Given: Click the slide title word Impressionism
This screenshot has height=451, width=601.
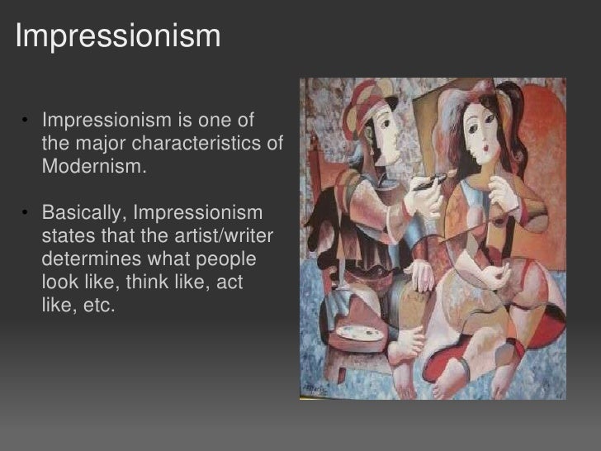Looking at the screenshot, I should (x=118, y=36).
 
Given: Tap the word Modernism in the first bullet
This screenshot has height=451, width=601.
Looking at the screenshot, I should (x=92, y=167).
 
